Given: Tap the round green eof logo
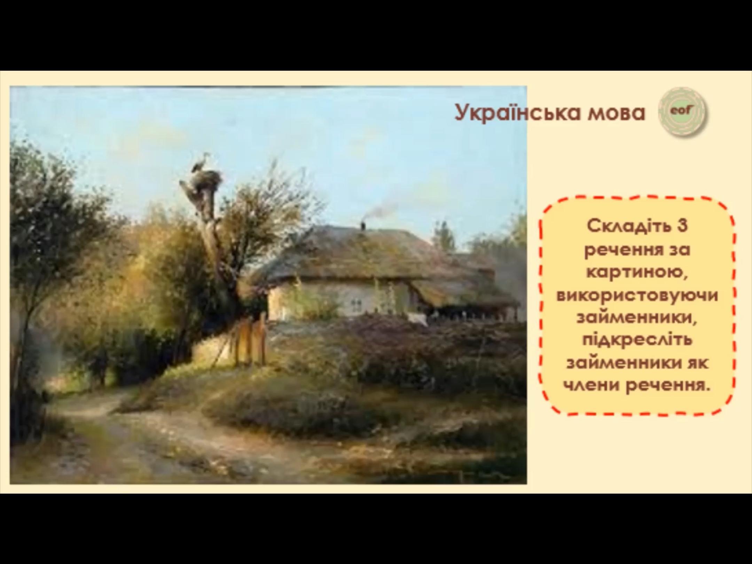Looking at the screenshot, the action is pyautogui.click(x=682, y=112).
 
